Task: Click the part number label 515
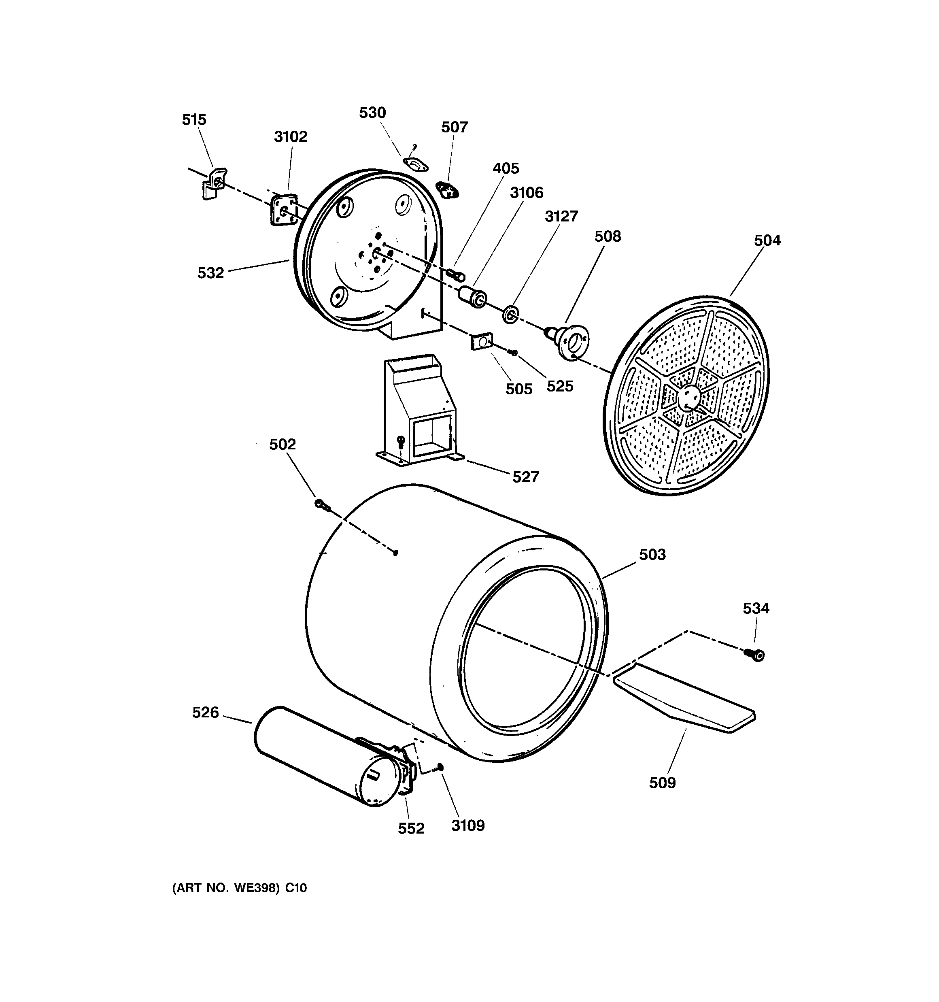pyautogui.click(x=194, y=120)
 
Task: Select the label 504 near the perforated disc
pyautogui.click(x=767, y=240)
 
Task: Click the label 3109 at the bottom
pyautogui.click(x=468, y=825)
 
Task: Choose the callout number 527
pyautogui.click(x=526, y=477)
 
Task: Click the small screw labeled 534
pyautogui.click(x=756, y=655)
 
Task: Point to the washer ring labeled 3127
pyautogui.click(x=510, y=315)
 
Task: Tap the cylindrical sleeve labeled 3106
pyautogui.click(x=472, y=297)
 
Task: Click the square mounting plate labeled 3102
pyautogui.click(x=284, y=210)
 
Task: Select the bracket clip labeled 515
pyautogui.click(x=214, y=183)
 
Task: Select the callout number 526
pyautogui.click(x=206, y=713)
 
